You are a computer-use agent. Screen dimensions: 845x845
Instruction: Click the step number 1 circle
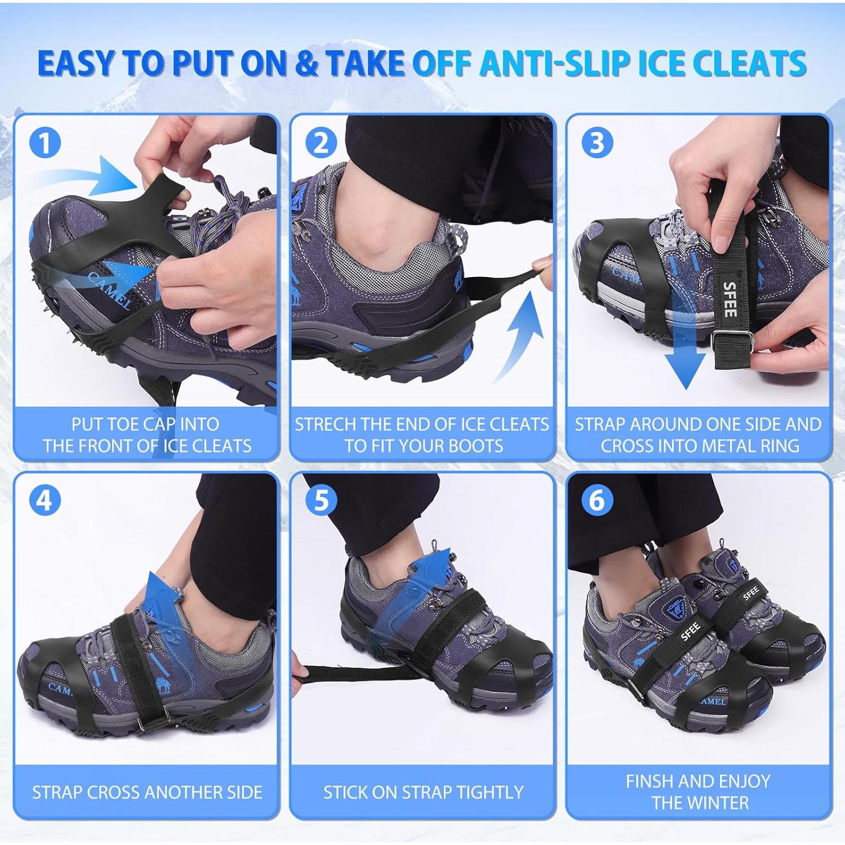click(x=45, y=143)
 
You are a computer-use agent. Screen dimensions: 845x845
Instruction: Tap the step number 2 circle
click(x=321, y=143)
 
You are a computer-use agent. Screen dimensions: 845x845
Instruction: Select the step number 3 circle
click(x=597, y=143)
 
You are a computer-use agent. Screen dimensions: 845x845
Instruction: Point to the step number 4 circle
click(x=45, y=500)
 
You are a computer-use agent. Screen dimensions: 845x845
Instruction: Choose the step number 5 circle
click(x=321, y=500)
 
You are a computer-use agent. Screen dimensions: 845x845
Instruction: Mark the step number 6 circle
click(x=597, y=500)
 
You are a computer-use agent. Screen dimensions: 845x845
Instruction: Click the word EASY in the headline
click(x=78, y=63)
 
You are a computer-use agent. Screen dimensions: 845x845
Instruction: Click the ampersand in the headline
click(x=306, y=63)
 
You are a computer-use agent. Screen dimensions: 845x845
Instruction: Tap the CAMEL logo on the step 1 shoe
click(x=110, y=290)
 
